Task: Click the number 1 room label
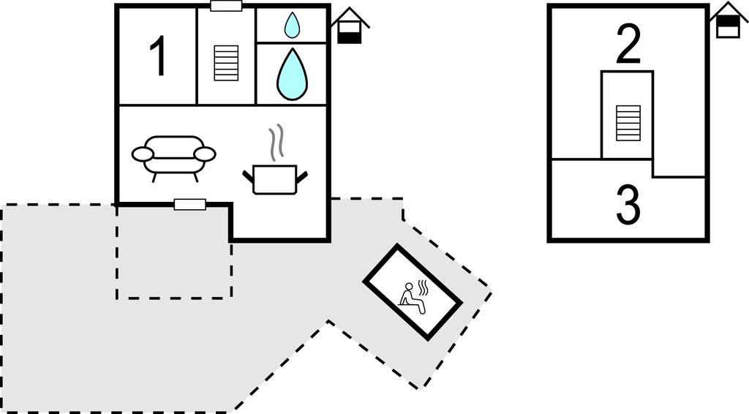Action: pos(159,56)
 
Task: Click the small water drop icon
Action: pos(292,26)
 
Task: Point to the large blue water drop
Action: pos(292,75)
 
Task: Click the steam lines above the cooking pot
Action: pos(275,143)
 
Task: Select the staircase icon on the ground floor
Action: pos(226,63)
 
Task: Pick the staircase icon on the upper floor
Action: pos(628,123)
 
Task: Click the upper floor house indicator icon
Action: pos(728,20)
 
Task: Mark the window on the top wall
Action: pos(226,6)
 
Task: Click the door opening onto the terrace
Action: pos(190,205)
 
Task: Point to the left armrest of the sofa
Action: pos(143,154)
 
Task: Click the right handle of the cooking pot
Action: pos(301,175)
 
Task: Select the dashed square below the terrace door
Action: pos(174,252)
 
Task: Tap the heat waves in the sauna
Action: pos(423,285)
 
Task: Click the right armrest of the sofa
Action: pos(205,154)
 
